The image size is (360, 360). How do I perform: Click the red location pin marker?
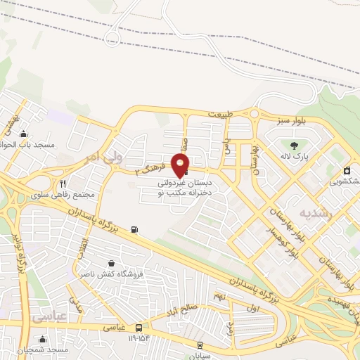coord(181,165)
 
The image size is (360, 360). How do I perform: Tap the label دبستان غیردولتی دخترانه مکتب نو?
coord(189,186)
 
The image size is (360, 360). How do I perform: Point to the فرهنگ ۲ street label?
coord(149,168)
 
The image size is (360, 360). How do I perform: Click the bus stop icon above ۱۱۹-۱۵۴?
coord(138,328)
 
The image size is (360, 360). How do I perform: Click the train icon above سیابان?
coord(200,345)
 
